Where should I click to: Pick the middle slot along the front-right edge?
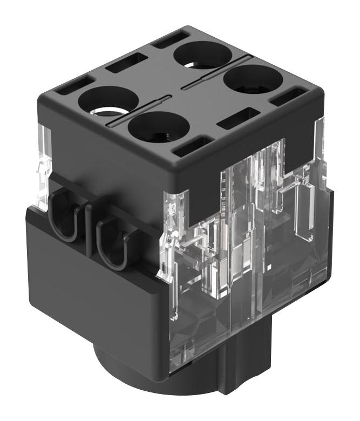click(x=237, y=119)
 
